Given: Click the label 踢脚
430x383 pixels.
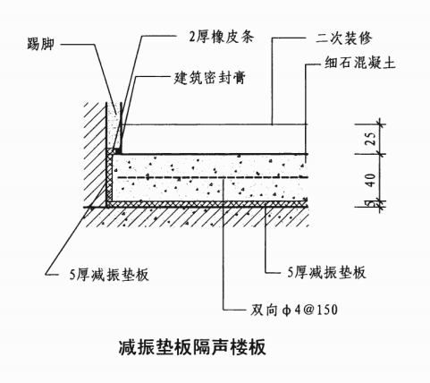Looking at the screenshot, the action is [40, 44].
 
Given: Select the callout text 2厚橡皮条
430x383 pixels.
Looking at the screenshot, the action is [222, 37].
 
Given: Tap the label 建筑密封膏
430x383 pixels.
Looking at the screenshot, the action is [210, 78].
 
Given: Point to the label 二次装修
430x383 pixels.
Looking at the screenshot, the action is [344, 38].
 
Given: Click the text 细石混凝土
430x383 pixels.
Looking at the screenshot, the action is [360, 63].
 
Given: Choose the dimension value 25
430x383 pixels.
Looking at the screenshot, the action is [370, 139].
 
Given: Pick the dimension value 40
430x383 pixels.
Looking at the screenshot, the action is [370, 180].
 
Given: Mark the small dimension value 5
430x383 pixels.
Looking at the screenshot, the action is [370, 203].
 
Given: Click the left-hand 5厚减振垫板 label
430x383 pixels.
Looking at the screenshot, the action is [109, 275].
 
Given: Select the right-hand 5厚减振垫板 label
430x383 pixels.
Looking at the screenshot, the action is [326, 272].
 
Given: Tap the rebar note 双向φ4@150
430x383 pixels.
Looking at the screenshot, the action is [294, 311].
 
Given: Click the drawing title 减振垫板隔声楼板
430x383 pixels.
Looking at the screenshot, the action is [192, 347].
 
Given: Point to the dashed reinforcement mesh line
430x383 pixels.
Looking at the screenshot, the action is [212, 178].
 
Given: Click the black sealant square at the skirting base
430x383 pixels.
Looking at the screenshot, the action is [118, 151].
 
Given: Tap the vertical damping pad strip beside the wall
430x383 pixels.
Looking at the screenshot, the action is [109, 177].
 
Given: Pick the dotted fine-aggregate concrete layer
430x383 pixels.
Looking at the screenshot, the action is [210, 177].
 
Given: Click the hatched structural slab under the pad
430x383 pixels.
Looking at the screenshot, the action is [197, 217].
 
